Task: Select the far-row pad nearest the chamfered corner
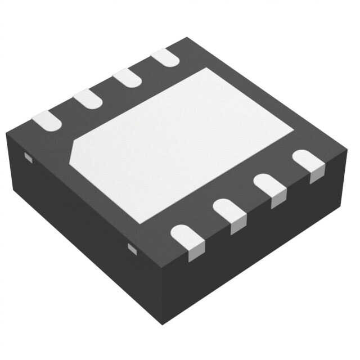coord(46,120)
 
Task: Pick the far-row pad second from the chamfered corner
coord(88,98)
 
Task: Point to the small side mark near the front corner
coord(132,248)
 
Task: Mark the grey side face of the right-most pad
coord(317,175)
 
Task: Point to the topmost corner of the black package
coord(186,38)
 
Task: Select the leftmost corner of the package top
coord(7,133)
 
